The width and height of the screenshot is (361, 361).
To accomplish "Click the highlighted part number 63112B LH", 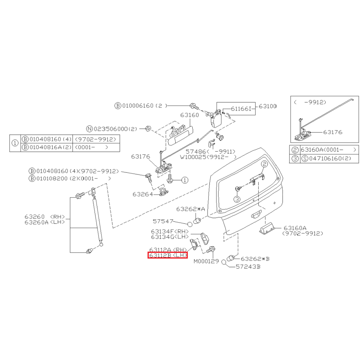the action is pos(168,255).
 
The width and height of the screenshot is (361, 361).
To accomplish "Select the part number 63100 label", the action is pos(268,106).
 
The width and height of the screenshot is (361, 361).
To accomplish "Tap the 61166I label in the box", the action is pos(241,109).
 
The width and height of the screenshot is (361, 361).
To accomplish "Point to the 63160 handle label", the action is pos(190,115).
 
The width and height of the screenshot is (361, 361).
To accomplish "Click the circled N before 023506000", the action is pos(89,129).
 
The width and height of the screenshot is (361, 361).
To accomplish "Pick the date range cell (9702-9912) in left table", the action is pos(95,139).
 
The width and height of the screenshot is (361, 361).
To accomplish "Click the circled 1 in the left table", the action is pos(15,143).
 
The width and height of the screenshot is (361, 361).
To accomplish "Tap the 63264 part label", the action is pos(143,194).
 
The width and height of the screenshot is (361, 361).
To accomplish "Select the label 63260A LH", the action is pos(45,222).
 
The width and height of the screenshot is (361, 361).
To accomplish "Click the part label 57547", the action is pos(163,221).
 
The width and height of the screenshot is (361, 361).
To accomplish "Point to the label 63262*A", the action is pos(190,209).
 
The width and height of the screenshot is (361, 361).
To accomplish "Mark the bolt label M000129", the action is pos(206,261).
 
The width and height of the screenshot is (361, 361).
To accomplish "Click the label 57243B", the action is pos(248,267).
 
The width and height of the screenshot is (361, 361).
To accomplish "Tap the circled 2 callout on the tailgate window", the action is pos(264,164).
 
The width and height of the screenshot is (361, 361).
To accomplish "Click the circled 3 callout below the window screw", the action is pos(237,199).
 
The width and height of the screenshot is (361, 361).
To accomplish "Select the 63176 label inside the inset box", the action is pos(333,132).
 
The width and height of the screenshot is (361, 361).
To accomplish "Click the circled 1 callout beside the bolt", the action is pos(185,180).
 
